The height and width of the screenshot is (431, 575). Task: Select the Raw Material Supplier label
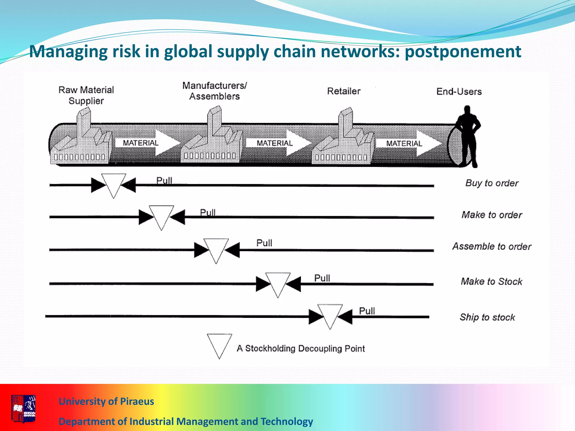pos(86,95)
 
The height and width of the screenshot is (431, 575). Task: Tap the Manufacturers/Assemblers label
pos(215,91)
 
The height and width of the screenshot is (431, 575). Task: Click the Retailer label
pos(344,91)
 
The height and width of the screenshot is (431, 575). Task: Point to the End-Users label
pos(459,92)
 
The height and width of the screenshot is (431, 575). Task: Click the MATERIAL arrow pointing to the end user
pos(409,143)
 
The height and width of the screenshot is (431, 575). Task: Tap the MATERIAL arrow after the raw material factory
pos(147,143)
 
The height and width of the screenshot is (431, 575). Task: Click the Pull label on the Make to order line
pos(208,212)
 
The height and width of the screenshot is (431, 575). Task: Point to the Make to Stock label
pos(491,281)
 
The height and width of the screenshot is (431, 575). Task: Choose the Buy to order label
pos(492,183)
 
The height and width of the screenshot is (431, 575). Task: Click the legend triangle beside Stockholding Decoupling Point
pos(219,344)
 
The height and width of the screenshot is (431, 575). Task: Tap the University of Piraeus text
pos(106,401)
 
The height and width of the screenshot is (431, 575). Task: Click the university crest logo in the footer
pos(24,408)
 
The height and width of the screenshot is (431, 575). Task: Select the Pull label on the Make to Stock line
pos(322,278)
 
